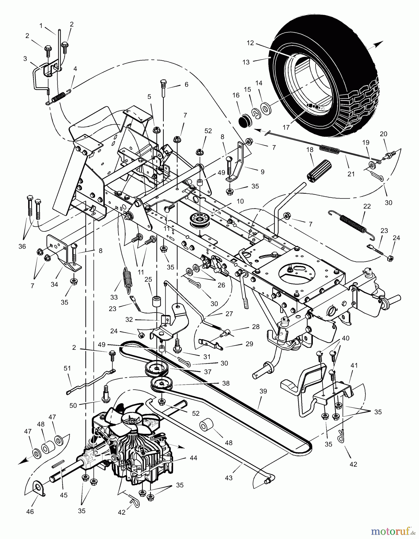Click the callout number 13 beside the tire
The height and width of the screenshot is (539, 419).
point(246,62)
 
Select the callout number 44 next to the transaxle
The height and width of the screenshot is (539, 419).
point(193,458)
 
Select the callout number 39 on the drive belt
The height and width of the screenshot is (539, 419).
point(263,391)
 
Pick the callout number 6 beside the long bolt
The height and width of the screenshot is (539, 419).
point(186,85)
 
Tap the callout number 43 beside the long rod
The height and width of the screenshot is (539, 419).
point(229,478)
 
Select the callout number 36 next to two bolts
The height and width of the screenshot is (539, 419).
point(22,246)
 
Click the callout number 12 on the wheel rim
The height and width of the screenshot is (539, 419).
point(250,43)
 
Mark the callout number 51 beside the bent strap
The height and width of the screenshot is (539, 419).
point(67,368)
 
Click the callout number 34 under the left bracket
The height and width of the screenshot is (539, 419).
point(54,284)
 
